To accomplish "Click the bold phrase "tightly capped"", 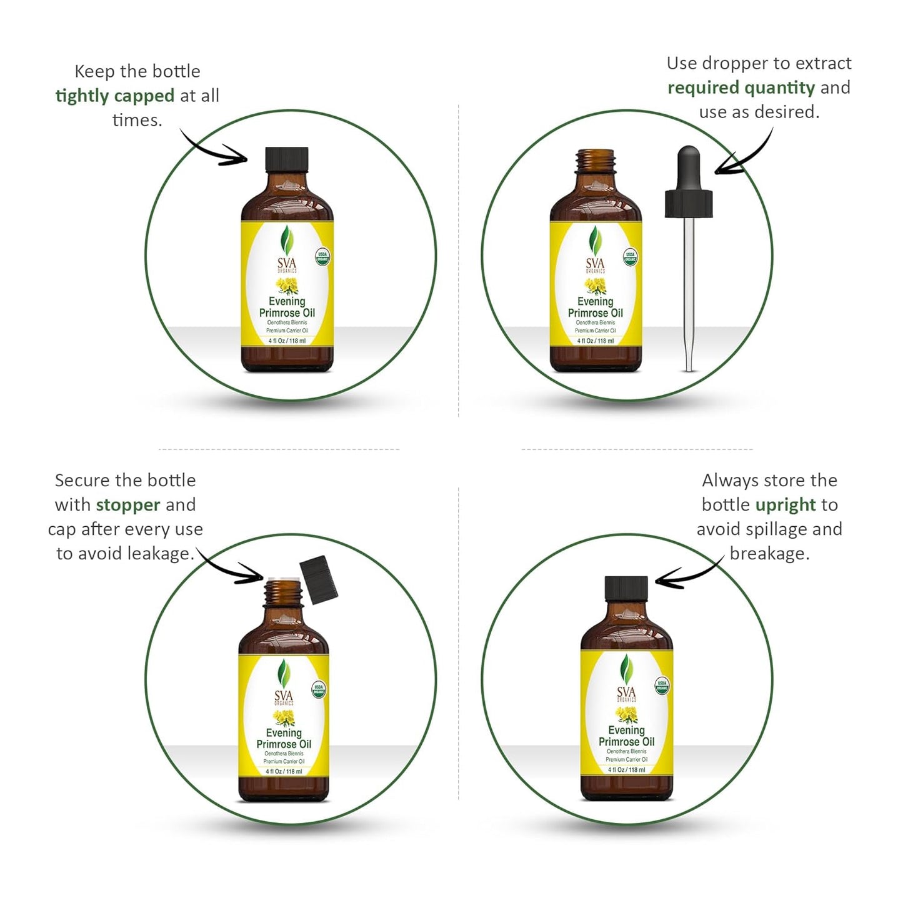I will [115, 96].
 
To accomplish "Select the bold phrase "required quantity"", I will [741, 88].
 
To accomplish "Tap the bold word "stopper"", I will [128, 505].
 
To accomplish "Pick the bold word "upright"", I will [786, 505].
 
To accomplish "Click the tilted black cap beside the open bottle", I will [319, 577].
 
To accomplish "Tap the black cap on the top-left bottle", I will [287, 159].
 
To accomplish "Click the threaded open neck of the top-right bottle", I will [596, 162].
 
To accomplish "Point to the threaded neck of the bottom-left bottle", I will [284, 593].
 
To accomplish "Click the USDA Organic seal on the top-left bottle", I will [322, 257].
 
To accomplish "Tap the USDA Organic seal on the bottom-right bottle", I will [662, 686].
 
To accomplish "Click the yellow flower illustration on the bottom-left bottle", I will [284, 717].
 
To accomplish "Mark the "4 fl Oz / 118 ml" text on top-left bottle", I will [287, 341].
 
